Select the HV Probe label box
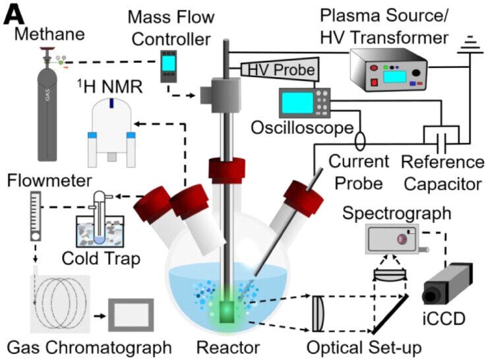click(x=280, y=69)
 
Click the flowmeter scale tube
click(x=35, y=215)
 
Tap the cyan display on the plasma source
click(x=394, y=77)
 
